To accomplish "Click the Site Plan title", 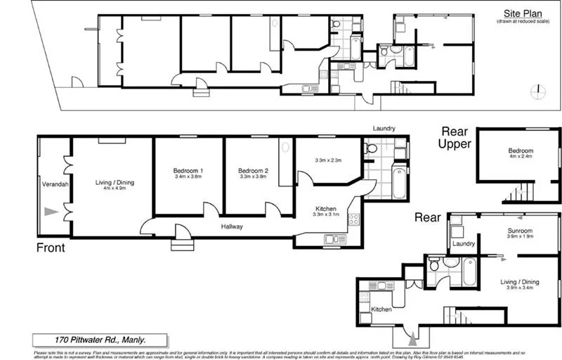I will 523,13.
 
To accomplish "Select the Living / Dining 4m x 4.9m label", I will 114,186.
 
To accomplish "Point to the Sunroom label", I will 520,233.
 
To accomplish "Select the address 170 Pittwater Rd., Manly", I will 100,339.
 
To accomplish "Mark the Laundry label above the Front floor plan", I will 384,129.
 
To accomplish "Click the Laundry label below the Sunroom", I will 464,244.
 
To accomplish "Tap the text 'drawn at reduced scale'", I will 523,22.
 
